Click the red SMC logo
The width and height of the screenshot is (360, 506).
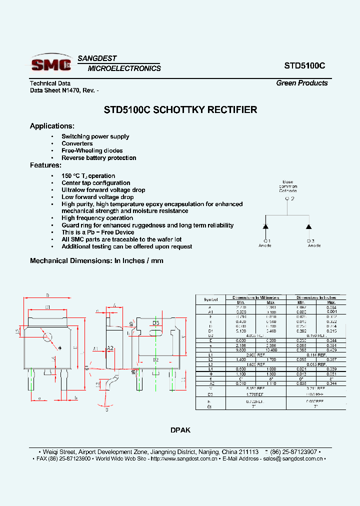click(x=50, y=64)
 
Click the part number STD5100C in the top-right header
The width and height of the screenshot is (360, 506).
click(x=305, y=65)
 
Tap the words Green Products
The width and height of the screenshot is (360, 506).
click(x=301, y=83)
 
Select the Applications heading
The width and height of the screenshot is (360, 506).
click(x=52, y=126)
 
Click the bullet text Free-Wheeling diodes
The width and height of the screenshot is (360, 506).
click(x=92, y=150)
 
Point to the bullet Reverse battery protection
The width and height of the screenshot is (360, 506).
click(x=98, y=158)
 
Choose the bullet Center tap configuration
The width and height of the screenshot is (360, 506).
click(x=95, y=183)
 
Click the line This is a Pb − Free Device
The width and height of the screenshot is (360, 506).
click(x=97, y=232)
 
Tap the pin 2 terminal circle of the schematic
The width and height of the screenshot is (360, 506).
click(x=287, y=198)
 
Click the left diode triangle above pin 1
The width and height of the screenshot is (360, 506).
click(x=266, y=226)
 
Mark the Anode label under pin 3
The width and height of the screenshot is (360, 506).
click(x=314, y=245)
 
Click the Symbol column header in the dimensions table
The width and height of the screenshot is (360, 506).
click(x=210, y=299)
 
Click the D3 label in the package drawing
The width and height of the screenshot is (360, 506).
click(x=155, y=323)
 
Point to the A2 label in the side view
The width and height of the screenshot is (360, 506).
click(x=111, y=347)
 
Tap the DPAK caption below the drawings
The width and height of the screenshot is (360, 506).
click(x=180, y=430)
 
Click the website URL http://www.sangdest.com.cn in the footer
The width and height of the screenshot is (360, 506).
click(x=183, y=458)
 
